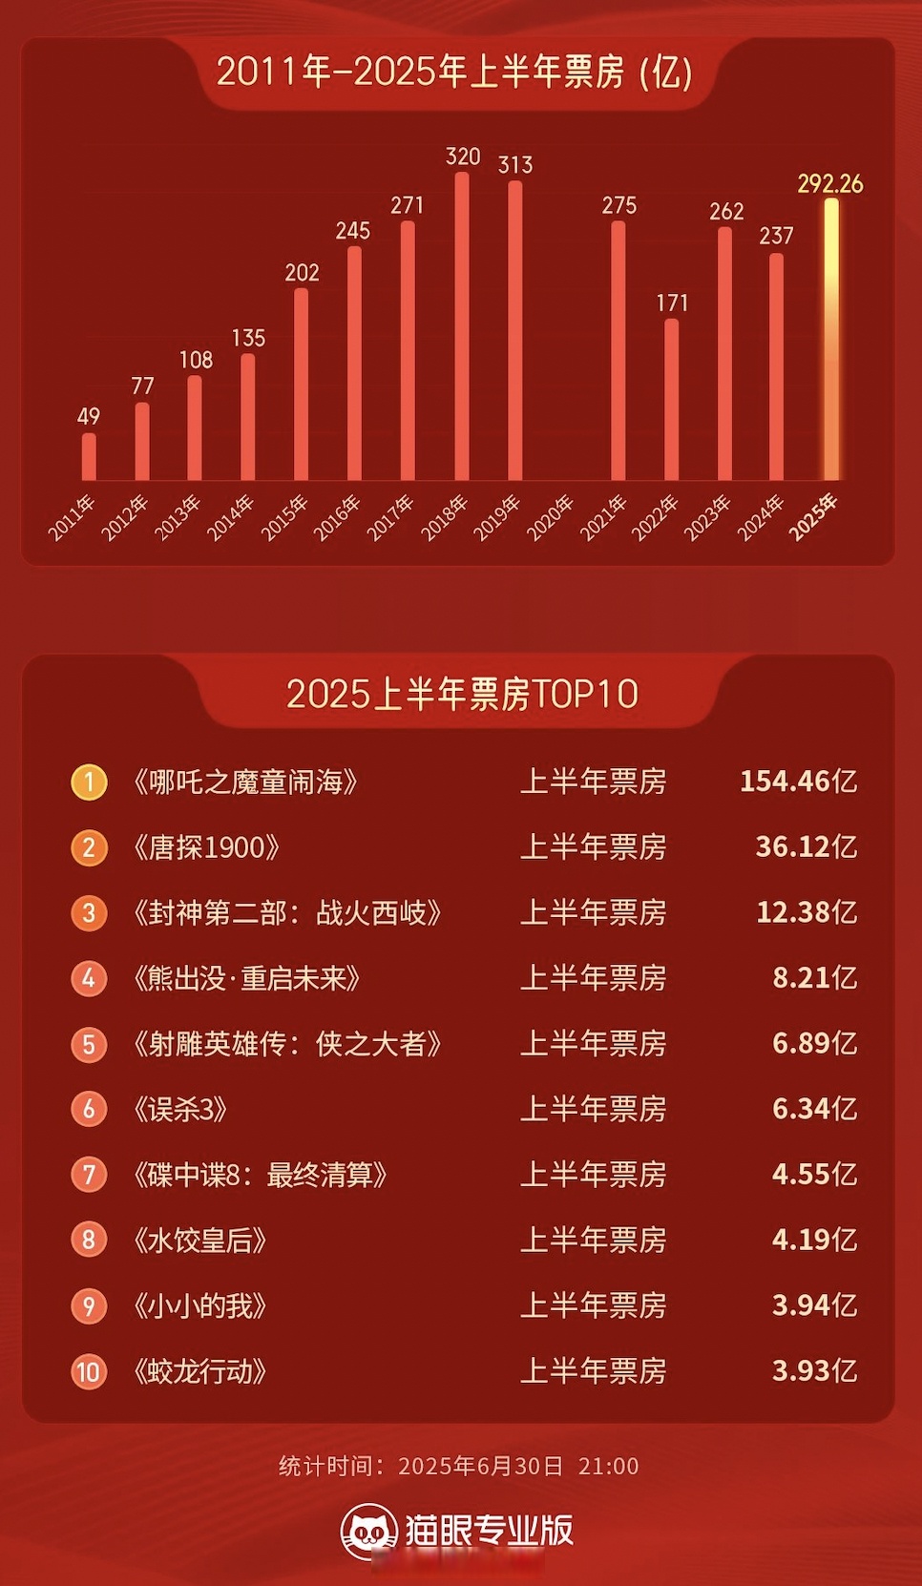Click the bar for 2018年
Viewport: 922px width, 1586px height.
point(462,326)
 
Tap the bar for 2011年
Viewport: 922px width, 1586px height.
point(89,457)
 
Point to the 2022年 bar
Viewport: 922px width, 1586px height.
point(672,399)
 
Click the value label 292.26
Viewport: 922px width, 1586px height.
point(830,183)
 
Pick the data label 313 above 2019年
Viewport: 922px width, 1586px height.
point(515,164)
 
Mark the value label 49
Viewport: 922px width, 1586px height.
point(89,416)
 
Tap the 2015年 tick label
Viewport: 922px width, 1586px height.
point(284,518)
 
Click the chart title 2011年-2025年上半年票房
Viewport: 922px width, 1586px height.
point(454,72)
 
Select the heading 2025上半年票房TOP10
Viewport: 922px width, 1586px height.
point(462,694)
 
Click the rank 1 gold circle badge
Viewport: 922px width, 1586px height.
point(89,783)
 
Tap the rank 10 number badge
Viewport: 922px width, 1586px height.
point(89,1372)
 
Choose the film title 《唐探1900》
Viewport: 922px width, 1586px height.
point(207,847)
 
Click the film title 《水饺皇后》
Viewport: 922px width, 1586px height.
point(200,1241)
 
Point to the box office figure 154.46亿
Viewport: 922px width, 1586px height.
point(798,782)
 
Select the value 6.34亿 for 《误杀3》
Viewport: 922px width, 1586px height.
point(814,1109)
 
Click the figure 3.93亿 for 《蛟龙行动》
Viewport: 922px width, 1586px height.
point(814,1371)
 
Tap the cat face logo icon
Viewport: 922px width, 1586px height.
point(368,1531)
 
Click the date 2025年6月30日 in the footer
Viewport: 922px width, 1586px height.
point(480,1466)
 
